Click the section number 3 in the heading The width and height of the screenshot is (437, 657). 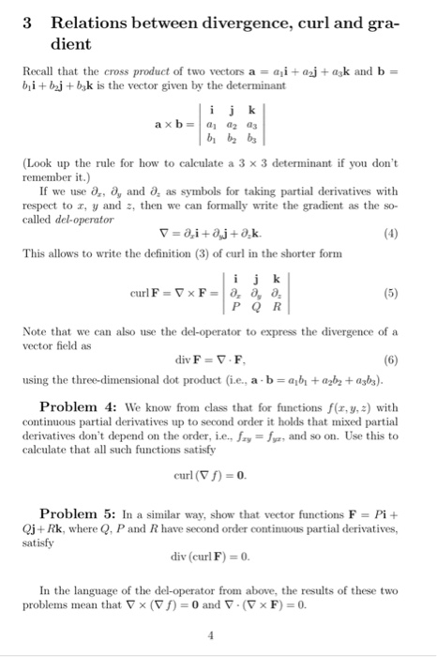28,23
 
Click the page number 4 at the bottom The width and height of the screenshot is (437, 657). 218,633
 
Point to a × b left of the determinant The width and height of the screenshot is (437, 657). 169,127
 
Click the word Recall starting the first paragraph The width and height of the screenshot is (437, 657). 37,71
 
